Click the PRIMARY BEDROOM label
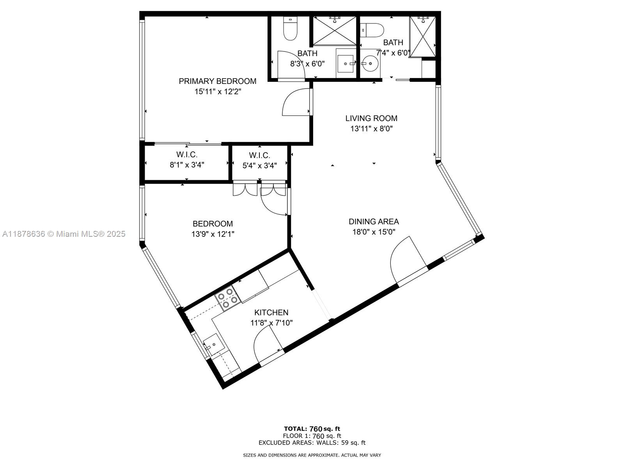[218, 81]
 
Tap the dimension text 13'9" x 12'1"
[213, 234]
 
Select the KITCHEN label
[271, 312]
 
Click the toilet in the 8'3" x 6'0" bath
[290, 29]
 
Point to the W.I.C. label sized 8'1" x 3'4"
[187, 154]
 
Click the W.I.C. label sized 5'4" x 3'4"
[260, 155]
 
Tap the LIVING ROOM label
[371, 118]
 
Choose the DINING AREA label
[374, 222]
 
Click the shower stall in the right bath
[422, 37]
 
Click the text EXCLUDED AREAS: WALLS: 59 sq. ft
[312, 443]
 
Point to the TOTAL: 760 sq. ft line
[312, 429]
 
